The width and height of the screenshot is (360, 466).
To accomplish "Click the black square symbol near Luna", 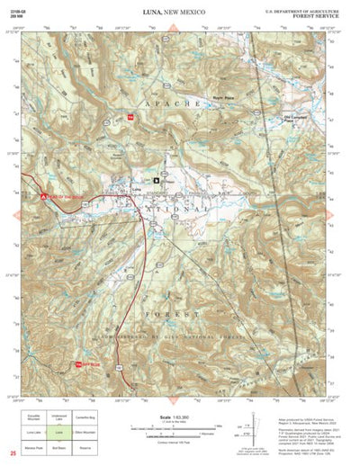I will point(156,180).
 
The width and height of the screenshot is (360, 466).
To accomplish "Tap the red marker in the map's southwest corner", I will point(78,363).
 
